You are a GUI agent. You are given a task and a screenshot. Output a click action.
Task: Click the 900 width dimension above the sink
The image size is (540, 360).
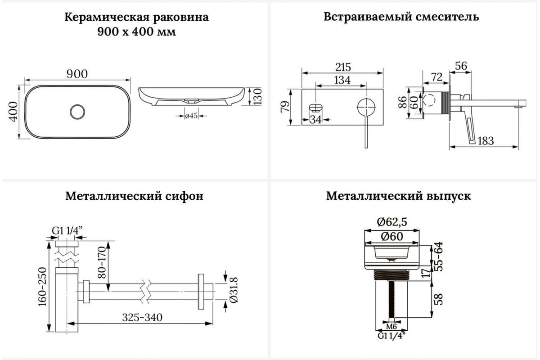point(77,74)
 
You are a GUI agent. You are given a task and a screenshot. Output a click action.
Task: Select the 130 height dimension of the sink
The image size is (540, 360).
point(258,96)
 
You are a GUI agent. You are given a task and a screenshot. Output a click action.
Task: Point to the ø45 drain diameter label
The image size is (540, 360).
point(191,116)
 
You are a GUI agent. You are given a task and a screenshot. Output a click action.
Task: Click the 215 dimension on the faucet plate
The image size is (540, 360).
point(343,67)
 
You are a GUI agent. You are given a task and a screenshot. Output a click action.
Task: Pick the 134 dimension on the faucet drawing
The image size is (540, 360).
point(342,80)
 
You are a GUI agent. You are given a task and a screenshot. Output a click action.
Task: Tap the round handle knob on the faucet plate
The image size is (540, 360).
point(366,107)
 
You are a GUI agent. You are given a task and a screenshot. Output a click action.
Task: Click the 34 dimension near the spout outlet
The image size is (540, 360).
point(315,119)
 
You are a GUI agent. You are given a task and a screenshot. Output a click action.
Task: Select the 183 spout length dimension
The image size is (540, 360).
point(486,141)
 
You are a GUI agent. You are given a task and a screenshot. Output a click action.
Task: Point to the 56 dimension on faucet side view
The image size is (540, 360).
point(461,66)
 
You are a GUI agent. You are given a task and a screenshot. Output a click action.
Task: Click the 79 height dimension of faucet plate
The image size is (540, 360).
point(285,107)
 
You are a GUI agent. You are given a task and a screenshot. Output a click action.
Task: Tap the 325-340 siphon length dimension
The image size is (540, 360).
point(142,317)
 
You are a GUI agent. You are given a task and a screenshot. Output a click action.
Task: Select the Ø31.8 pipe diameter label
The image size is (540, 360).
point(234,290)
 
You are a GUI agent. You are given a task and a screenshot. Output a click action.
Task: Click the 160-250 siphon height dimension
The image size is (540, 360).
point(42,287)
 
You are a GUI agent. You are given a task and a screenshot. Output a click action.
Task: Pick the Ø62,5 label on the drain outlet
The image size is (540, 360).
point(392,222)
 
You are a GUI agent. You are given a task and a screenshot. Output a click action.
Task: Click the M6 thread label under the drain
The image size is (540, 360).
point(391,327)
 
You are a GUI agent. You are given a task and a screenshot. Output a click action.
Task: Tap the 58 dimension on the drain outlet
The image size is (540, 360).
point(439,299)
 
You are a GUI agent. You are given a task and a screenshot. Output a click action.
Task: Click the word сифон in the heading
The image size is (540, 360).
point(184,197)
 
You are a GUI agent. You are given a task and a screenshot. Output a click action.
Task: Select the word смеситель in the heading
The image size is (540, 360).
point(447,17)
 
